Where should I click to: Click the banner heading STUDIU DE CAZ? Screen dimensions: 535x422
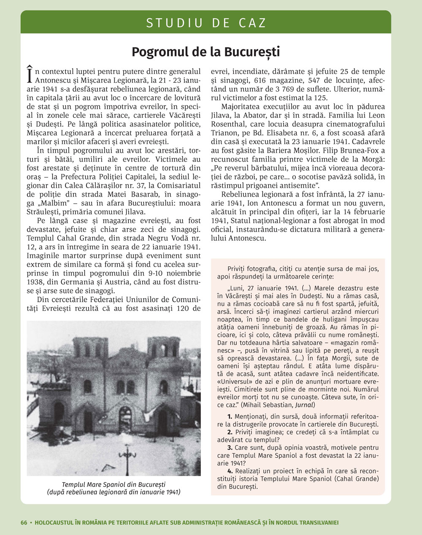click(206, 23)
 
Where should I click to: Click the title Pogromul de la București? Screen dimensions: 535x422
click(206, 52)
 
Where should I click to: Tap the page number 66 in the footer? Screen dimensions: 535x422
click(24, 522)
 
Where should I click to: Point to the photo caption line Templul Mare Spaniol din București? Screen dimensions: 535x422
click(114, 484)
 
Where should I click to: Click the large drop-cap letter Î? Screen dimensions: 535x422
click(30, 74)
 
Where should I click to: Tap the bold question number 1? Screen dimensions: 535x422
click(230, 417)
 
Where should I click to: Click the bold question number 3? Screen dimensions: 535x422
click(230, 447)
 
